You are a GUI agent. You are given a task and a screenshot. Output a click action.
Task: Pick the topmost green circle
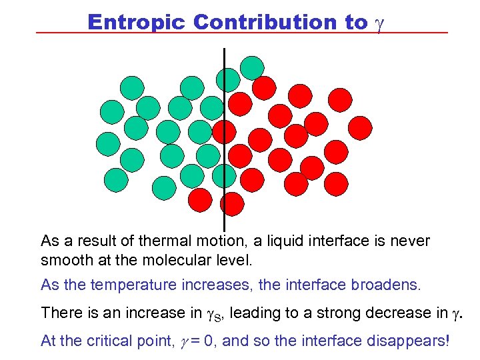click(251, 66)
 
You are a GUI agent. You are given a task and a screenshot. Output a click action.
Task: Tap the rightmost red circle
click(361, 127)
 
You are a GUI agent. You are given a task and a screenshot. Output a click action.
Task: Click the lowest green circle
click(164, 188)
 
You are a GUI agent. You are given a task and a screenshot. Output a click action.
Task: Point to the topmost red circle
click(265, 87)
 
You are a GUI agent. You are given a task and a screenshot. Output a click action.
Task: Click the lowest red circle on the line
click(232, 203)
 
